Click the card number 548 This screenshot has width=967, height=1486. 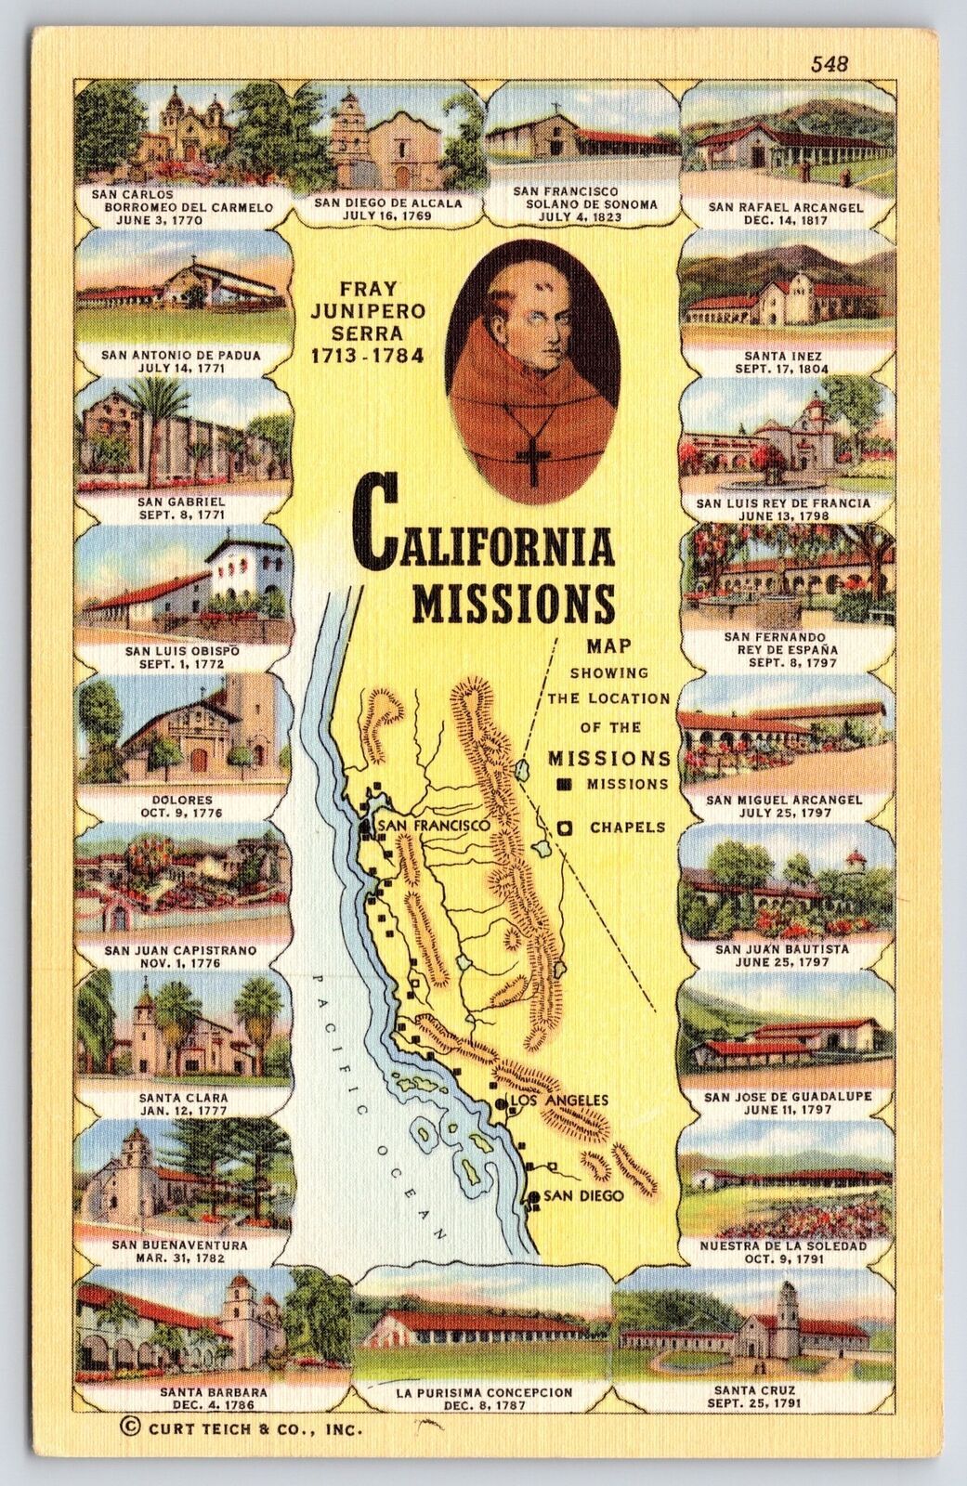pos(830,63)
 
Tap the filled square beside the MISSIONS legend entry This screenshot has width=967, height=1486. pos(563,784)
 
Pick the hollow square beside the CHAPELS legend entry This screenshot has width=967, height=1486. pos(564,827)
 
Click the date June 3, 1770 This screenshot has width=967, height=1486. pos(176,221)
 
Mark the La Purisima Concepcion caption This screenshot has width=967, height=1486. pos(482,1392)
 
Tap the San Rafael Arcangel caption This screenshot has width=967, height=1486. pos(786,206)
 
